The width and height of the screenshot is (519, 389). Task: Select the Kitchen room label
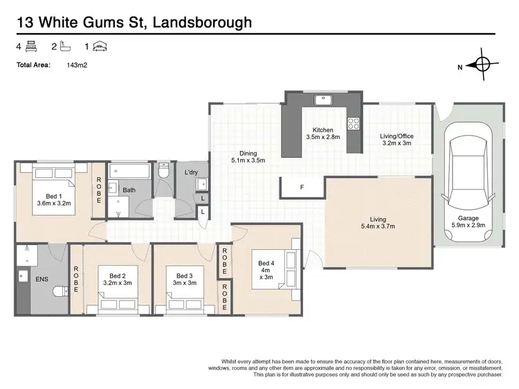[x=323, y=134]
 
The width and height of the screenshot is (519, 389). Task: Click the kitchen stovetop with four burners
[x=353, y=125]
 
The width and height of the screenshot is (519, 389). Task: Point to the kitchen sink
[x=322, y=100]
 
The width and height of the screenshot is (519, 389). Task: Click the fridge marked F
[x=301, y=187]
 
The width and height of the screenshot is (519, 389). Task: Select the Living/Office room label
[x=397, y=141]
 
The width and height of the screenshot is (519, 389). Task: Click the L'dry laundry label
[x=192, y=172]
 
